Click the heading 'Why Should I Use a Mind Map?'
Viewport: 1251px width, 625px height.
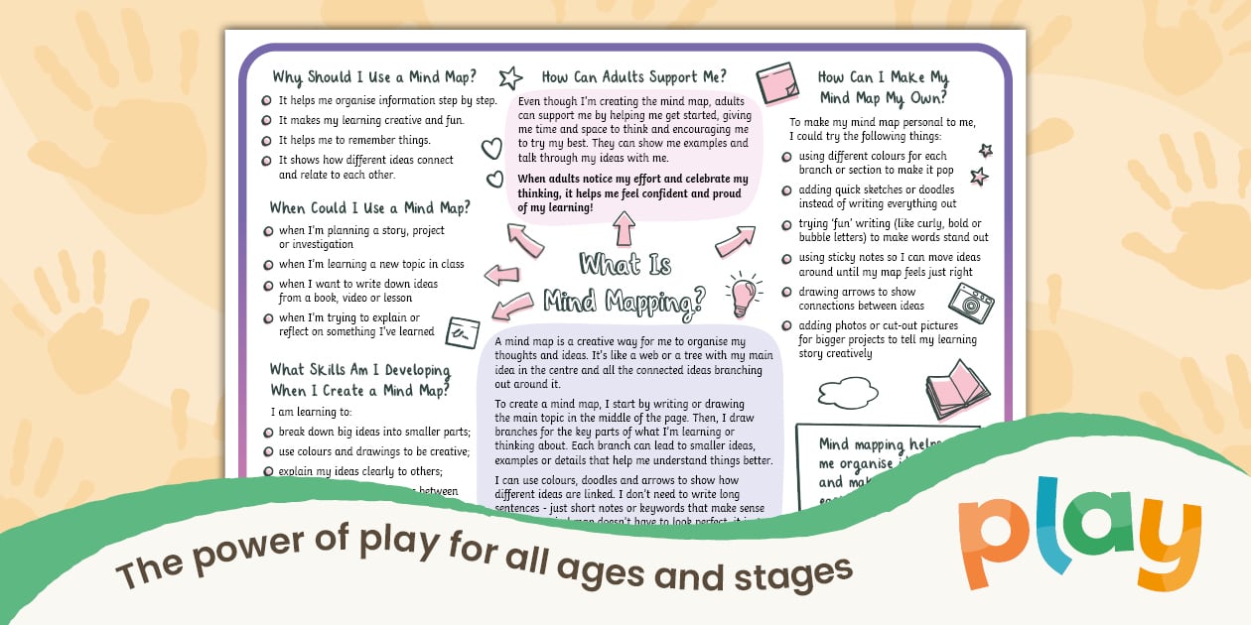click(374, 76)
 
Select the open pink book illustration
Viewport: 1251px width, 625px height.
click(957, 388)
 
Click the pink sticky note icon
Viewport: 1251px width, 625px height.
click(776, 82)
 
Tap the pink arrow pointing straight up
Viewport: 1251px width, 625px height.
click(624, 229)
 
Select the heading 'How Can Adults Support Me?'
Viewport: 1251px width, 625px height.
click(633, 76)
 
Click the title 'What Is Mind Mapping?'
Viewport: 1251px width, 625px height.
click(625, 281)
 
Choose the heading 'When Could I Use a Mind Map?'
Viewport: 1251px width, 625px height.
click(369, 207)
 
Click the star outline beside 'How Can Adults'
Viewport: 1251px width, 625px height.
click(510, 77)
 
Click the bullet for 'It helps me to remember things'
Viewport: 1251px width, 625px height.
click(267, 141)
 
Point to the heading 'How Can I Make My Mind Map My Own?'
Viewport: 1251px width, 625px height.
click(883, 86)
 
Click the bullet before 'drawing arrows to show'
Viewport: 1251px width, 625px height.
click(786, 293)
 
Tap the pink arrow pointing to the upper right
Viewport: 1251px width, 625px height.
click(735, 241)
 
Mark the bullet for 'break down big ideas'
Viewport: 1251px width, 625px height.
click(267, 432)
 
